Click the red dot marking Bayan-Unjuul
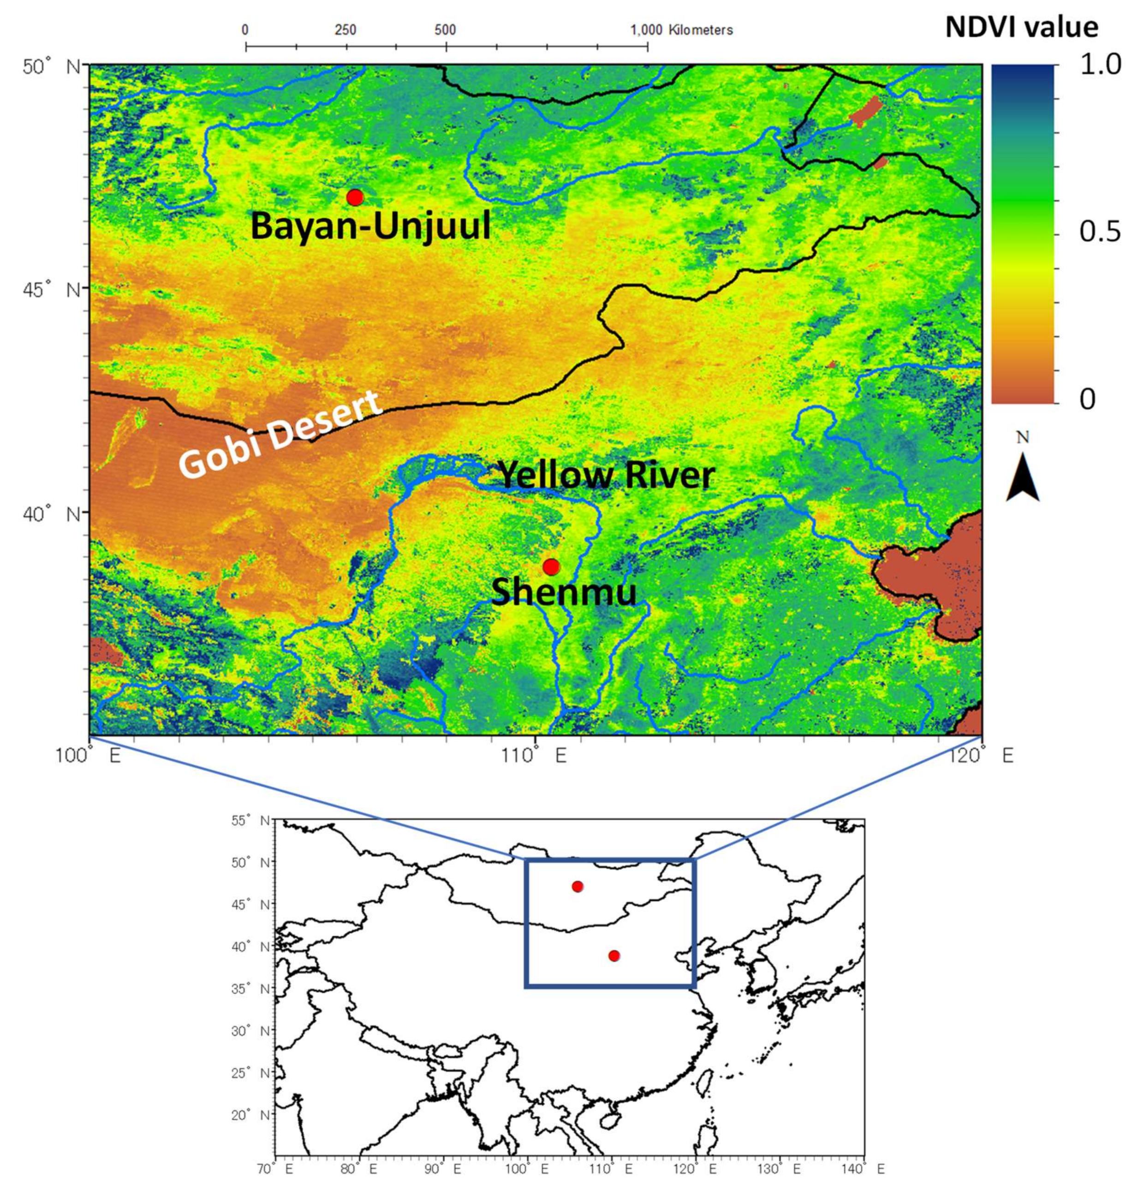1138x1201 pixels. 355,197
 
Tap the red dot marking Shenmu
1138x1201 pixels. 551,567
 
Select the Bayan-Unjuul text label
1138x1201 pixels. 370,227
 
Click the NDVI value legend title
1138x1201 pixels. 1022,27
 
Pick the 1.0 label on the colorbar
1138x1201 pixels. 1100,65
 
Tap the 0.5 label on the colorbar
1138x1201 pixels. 1100,231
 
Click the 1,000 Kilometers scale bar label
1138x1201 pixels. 682,30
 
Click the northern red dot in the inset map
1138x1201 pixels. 578,887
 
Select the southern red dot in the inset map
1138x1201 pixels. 614,956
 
